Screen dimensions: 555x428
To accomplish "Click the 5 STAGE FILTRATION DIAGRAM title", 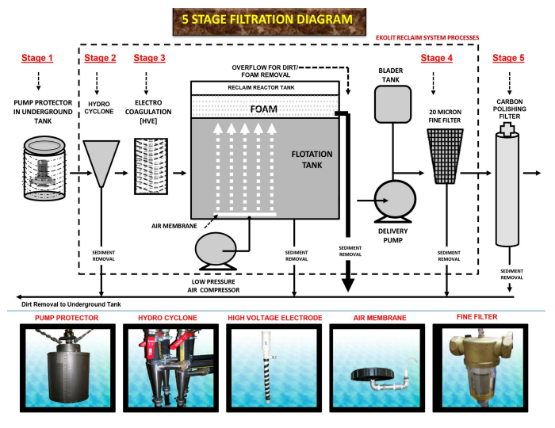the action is point(267,20).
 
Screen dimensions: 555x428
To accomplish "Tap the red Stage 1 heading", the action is point(37,58).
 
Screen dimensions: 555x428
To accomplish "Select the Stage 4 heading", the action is point(436,58).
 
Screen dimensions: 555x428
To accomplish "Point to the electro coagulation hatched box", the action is point(151,166).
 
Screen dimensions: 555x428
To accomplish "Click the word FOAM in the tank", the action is point(264,109).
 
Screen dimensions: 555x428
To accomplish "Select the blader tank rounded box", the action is point(393,105).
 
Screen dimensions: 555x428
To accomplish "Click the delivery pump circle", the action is point(395,199).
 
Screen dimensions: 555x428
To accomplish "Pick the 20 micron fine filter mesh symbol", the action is point(445,156).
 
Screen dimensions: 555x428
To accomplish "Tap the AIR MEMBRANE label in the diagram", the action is point(174,226).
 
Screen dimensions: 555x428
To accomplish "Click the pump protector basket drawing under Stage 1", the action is point(44,168).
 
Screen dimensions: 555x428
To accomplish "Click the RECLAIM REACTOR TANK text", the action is point(261,88).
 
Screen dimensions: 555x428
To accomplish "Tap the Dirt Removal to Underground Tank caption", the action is point(71,304).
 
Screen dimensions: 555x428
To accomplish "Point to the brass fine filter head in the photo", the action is point(480,349).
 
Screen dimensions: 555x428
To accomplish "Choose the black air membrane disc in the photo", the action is point(373,374).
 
